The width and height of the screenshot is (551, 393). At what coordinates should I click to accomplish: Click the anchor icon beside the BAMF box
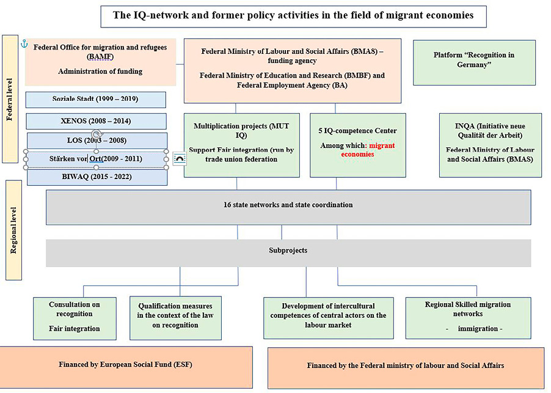pos(25,44)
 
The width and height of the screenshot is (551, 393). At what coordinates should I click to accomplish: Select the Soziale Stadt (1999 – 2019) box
pos(96,100)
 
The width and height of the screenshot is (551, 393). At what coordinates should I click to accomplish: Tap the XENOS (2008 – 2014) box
pos(96,120)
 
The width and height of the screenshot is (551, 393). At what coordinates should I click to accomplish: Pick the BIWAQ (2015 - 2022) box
pos(97,177)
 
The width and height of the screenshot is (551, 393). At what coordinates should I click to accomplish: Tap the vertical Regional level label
pos(13,229)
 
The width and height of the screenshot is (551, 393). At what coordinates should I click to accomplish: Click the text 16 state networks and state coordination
pos(288,205)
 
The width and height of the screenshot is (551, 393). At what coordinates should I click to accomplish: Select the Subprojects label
pos(288,251)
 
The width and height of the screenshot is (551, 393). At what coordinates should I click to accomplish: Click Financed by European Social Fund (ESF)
pos(126,364)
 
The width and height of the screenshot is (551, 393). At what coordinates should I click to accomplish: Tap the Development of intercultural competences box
pos(328,316)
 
